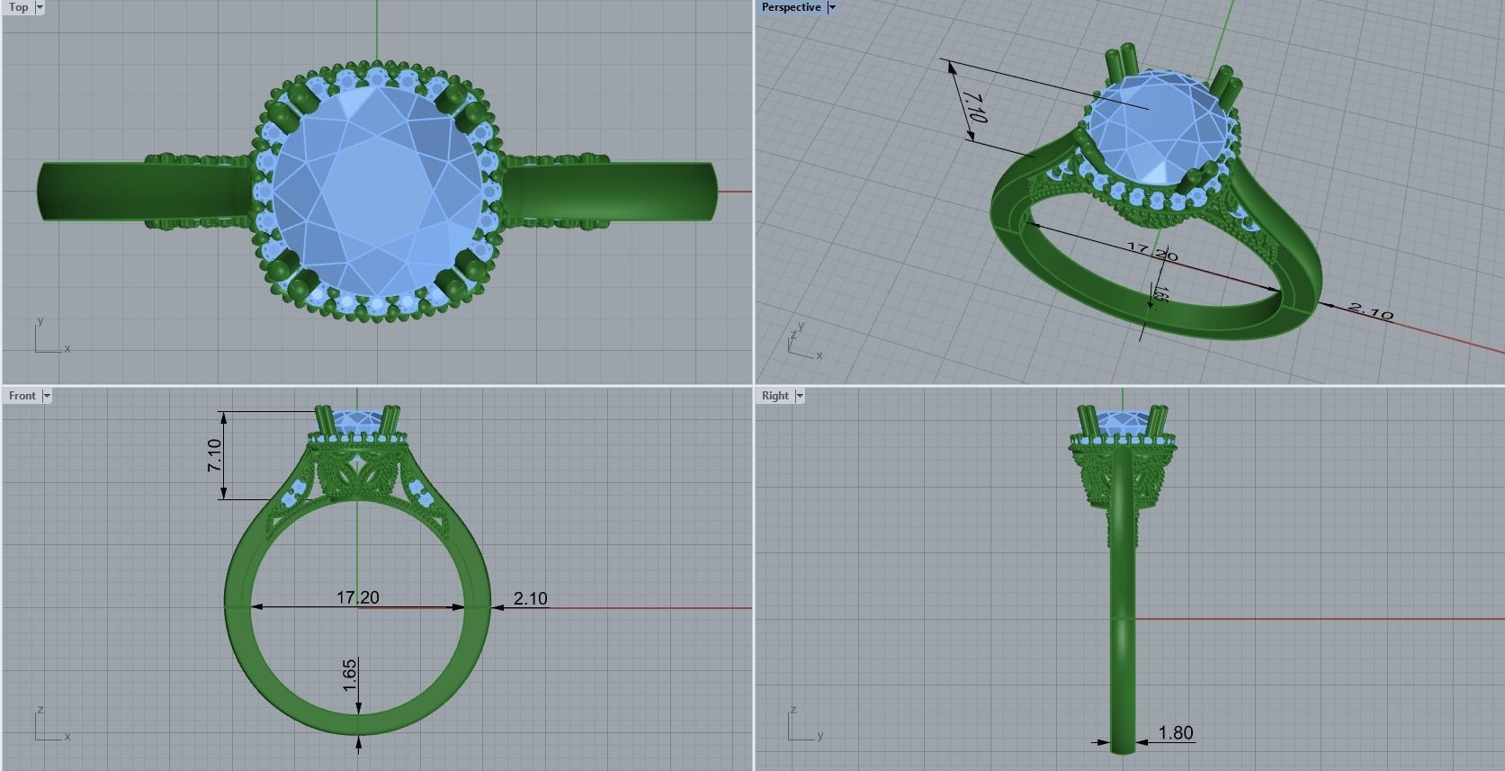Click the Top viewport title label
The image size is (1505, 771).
coord(18,7)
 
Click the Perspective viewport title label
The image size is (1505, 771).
coord(791,7)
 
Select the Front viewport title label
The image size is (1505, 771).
coord(22,396)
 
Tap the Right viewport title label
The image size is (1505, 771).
coord(774,396)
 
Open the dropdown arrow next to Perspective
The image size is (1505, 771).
coord(832,7)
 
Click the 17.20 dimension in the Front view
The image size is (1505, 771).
coord(357,597)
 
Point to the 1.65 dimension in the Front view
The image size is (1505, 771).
coord(350,676)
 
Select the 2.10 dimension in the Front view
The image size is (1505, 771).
coord(530,598)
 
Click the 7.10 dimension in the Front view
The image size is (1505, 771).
coord(214,454)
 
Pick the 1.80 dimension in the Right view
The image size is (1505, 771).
coord(1176,733)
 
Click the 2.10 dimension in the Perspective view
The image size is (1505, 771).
coord(1370,311)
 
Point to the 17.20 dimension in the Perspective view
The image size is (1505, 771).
coord(1151,252)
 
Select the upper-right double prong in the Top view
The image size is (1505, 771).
coord(455,99)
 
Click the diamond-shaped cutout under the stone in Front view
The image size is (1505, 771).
coord(360,465)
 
